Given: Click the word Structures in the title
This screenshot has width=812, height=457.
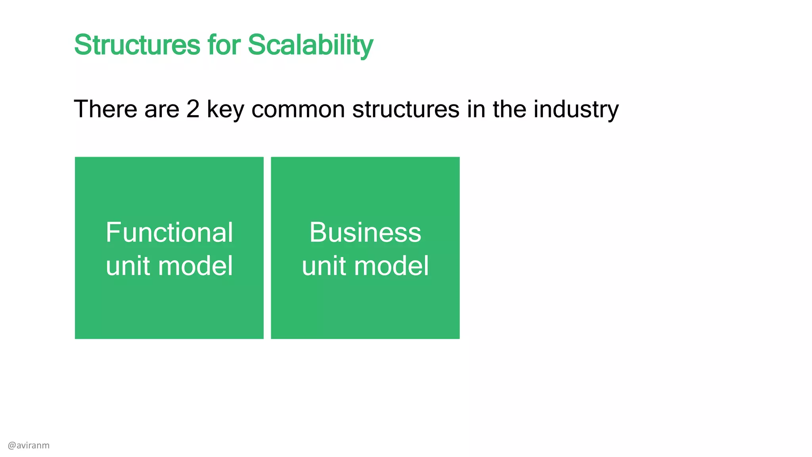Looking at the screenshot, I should (137, 44).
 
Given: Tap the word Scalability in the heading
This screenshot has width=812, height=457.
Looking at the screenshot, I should (310, 45).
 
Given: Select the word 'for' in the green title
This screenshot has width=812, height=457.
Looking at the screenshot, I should (224, 44).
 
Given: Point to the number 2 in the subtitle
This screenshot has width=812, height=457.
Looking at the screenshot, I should (193, 109).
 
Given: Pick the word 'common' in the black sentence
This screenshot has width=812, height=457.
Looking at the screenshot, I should (298, 109).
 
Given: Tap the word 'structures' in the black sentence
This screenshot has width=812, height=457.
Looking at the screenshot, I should (406, 109).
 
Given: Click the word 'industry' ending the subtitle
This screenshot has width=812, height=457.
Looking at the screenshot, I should (576, 110).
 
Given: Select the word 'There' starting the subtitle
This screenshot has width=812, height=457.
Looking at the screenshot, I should (105, 109).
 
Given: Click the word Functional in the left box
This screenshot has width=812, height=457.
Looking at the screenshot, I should (169, 232).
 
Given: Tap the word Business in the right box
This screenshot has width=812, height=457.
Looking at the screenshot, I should (365, 232).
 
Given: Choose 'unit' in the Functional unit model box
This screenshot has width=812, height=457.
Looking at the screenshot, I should (128, 265).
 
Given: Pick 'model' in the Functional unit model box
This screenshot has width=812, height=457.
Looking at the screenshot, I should (195, 265).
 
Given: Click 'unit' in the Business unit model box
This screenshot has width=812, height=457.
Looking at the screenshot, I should (324, 265).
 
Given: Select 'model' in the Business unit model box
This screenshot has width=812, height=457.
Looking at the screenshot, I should (391, 265).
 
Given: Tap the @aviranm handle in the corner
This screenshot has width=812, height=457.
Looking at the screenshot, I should (29, 445).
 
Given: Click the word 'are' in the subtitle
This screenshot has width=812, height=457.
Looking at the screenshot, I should (162, 109).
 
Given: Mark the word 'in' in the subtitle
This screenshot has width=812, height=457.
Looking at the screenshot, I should (476, 109).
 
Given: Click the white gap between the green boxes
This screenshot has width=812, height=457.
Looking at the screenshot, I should (267, 248).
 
